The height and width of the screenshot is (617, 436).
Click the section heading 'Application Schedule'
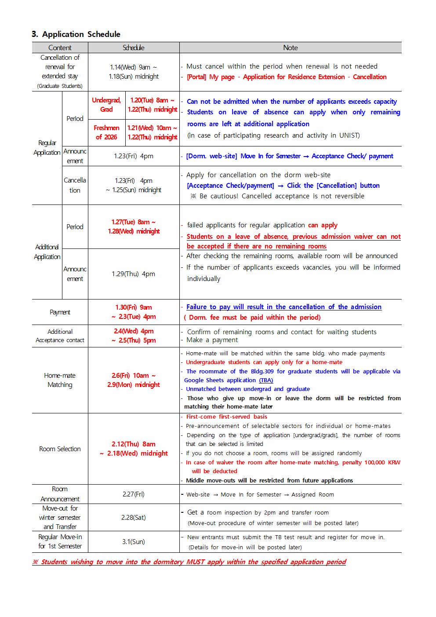coord(81,34)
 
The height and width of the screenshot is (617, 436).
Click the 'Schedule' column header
coord(134,47)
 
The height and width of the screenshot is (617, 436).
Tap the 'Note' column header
coord(290,47)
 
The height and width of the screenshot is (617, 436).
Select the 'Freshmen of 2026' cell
coord(106,132)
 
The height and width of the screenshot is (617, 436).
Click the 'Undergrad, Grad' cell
coord(106,105)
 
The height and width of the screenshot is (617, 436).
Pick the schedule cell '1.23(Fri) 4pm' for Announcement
coord(134,156)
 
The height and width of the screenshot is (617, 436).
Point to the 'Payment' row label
coord(60,312)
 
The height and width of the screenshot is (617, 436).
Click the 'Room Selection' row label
coord(60,449)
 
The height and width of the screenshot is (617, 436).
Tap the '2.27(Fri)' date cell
coord(134,494)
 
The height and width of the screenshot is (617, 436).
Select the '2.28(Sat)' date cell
coord(134,517)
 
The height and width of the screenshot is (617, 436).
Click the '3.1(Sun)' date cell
coord(134,542)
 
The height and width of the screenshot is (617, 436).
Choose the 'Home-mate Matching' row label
coord(60,380)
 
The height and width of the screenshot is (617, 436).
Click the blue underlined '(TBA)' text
coord(266,380)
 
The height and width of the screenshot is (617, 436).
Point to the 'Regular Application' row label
coord(47,148)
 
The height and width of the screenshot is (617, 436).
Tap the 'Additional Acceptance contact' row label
coord(60,336)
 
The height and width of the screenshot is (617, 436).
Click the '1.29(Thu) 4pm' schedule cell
coord(134,274)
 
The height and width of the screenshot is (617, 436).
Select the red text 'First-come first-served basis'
coord(226,417)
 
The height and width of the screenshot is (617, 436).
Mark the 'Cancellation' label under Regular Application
coord(75,185)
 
